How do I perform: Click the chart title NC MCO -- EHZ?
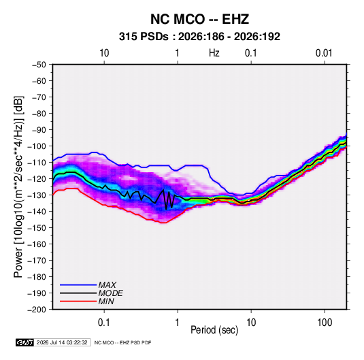(199, 19)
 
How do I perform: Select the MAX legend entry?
(107, 285)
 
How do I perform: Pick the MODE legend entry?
(110, 293)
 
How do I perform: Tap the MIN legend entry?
(106, 301)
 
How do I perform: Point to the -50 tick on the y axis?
(39, 65)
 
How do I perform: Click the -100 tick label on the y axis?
(37, 146)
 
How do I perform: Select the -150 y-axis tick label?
(37, 228)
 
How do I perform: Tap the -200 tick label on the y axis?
(37, 310)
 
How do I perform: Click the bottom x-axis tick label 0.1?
(104, 323)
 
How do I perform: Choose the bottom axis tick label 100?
(325, 323)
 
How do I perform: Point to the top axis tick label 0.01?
(324, 53)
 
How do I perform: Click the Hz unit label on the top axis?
(214, 53)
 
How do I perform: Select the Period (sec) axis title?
(214, 330)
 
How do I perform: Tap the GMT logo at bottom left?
(25, 342)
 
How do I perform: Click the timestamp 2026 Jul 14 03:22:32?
(62, 342)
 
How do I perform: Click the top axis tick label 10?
(104, 53)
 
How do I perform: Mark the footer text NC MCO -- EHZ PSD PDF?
(122, 342)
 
